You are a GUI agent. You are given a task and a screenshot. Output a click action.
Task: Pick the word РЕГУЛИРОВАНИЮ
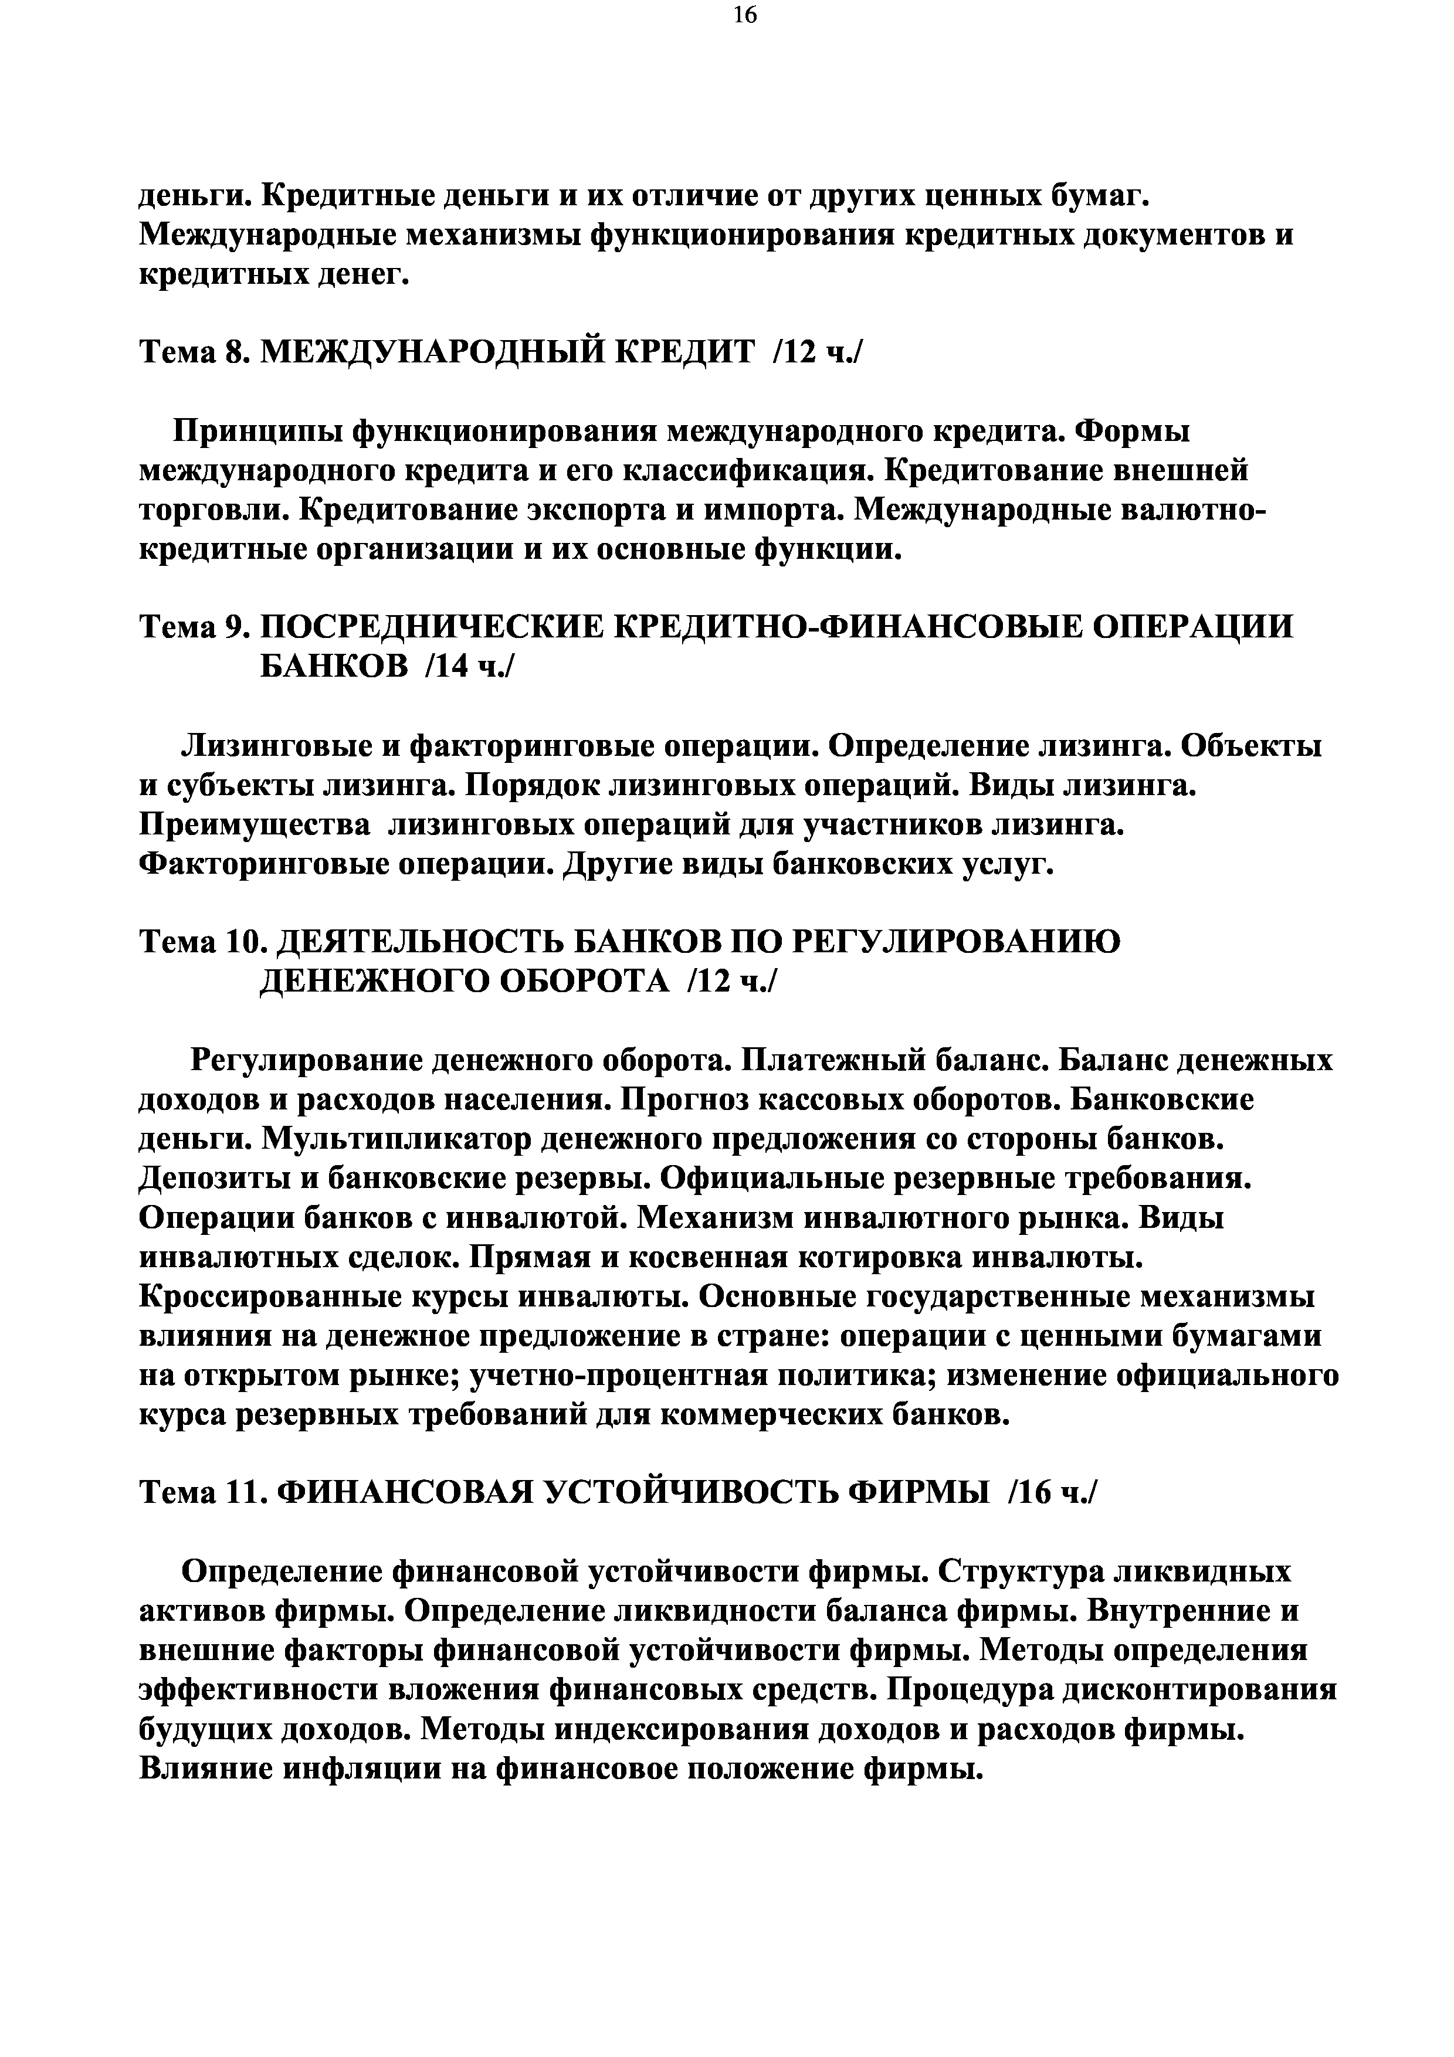click(958, 942)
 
